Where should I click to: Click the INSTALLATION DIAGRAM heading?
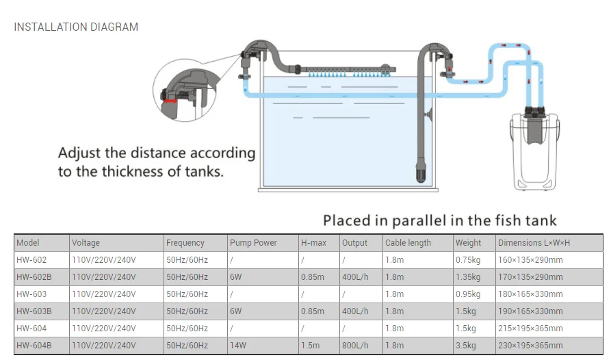tap(76, 27)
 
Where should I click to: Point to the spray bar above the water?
tap(346, 70)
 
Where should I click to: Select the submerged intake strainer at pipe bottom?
tap(420, 171)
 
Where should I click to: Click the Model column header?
tap(28, 243)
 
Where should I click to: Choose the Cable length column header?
tap(408, 243)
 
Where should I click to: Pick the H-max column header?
tap(313, 243)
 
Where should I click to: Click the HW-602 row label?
tap(31, 260)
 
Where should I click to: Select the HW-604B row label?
tap(34, 346)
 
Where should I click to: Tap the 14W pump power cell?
tap(239, 346)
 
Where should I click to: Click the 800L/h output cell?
tap(356, 346)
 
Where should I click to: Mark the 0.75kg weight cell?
tap(469, 260)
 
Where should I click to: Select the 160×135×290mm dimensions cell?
tap(530, 260)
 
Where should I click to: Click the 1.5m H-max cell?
tap(310, 346)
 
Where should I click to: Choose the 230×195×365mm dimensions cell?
tap(530, 346)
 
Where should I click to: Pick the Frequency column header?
tap(185, 243)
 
